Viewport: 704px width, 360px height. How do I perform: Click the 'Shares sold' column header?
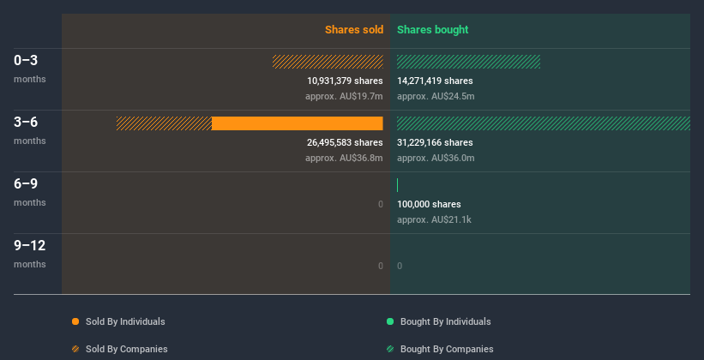353,30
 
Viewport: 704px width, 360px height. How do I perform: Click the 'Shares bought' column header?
432,30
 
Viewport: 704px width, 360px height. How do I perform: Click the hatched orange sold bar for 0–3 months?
328,62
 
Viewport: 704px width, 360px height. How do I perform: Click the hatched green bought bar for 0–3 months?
468,62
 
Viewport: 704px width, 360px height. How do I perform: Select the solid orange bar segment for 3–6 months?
297,123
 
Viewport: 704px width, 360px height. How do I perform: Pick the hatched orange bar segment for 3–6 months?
164,123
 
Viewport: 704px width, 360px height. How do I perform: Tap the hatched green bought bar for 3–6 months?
543,123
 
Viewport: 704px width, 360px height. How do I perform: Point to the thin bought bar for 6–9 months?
398,185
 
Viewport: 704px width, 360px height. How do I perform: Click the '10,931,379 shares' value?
345,81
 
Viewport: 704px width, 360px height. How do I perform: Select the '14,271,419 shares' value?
435,81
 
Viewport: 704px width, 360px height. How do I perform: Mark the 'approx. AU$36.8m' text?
344,158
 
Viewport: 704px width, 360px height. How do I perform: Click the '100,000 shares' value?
429,204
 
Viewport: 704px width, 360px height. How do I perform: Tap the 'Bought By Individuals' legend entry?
445,321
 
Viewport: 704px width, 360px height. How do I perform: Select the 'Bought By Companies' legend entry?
447,349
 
